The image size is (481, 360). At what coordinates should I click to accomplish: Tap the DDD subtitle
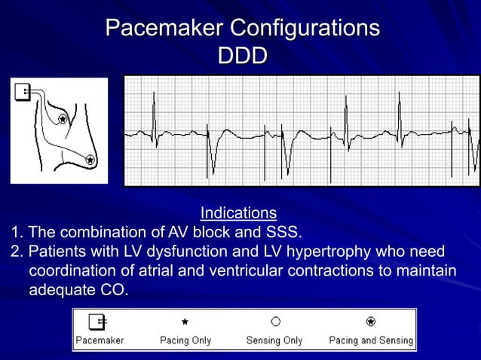coord(241,56)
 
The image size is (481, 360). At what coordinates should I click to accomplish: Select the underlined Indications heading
coord(238,213)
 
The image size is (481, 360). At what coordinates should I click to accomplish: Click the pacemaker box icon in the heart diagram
coord(22,92)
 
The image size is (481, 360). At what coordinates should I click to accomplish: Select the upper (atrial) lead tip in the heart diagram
coord(63,119)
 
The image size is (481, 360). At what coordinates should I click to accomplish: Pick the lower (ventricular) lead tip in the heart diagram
coord(90,159)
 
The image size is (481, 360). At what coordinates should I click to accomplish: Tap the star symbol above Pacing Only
coord(185,322)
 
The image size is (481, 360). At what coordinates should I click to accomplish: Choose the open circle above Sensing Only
coord(275,322)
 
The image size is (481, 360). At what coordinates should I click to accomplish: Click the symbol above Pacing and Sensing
coord(370,322)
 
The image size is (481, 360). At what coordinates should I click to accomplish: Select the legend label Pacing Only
coord(185,340)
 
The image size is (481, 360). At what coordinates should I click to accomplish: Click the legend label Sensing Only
coord(274,340)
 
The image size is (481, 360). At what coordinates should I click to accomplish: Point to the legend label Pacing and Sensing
coord(371,340)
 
